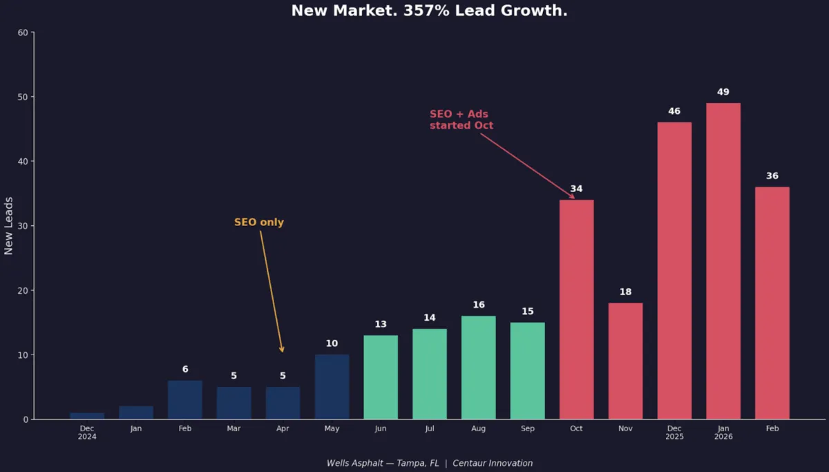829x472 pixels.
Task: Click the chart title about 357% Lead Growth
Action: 429,11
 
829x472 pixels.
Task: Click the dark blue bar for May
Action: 332,387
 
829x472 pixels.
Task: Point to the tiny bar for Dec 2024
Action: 87,416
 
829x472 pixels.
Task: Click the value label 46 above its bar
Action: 674,111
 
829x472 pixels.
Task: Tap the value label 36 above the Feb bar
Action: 772,176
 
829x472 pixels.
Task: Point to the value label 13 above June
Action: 381,324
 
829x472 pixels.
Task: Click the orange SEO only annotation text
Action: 259,223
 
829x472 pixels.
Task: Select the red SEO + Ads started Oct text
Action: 461,120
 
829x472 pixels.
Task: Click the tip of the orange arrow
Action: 282,352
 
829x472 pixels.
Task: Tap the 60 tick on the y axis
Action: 23,32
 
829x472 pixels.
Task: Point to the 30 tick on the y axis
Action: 23,226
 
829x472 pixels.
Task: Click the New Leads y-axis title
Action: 9,225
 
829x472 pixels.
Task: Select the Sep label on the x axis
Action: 527,428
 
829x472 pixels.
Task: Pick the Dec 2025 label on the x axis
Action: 674,433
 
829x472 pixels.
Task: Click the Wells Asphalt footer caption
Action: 429,463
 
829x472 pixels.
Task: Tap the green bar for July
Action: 430,374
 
